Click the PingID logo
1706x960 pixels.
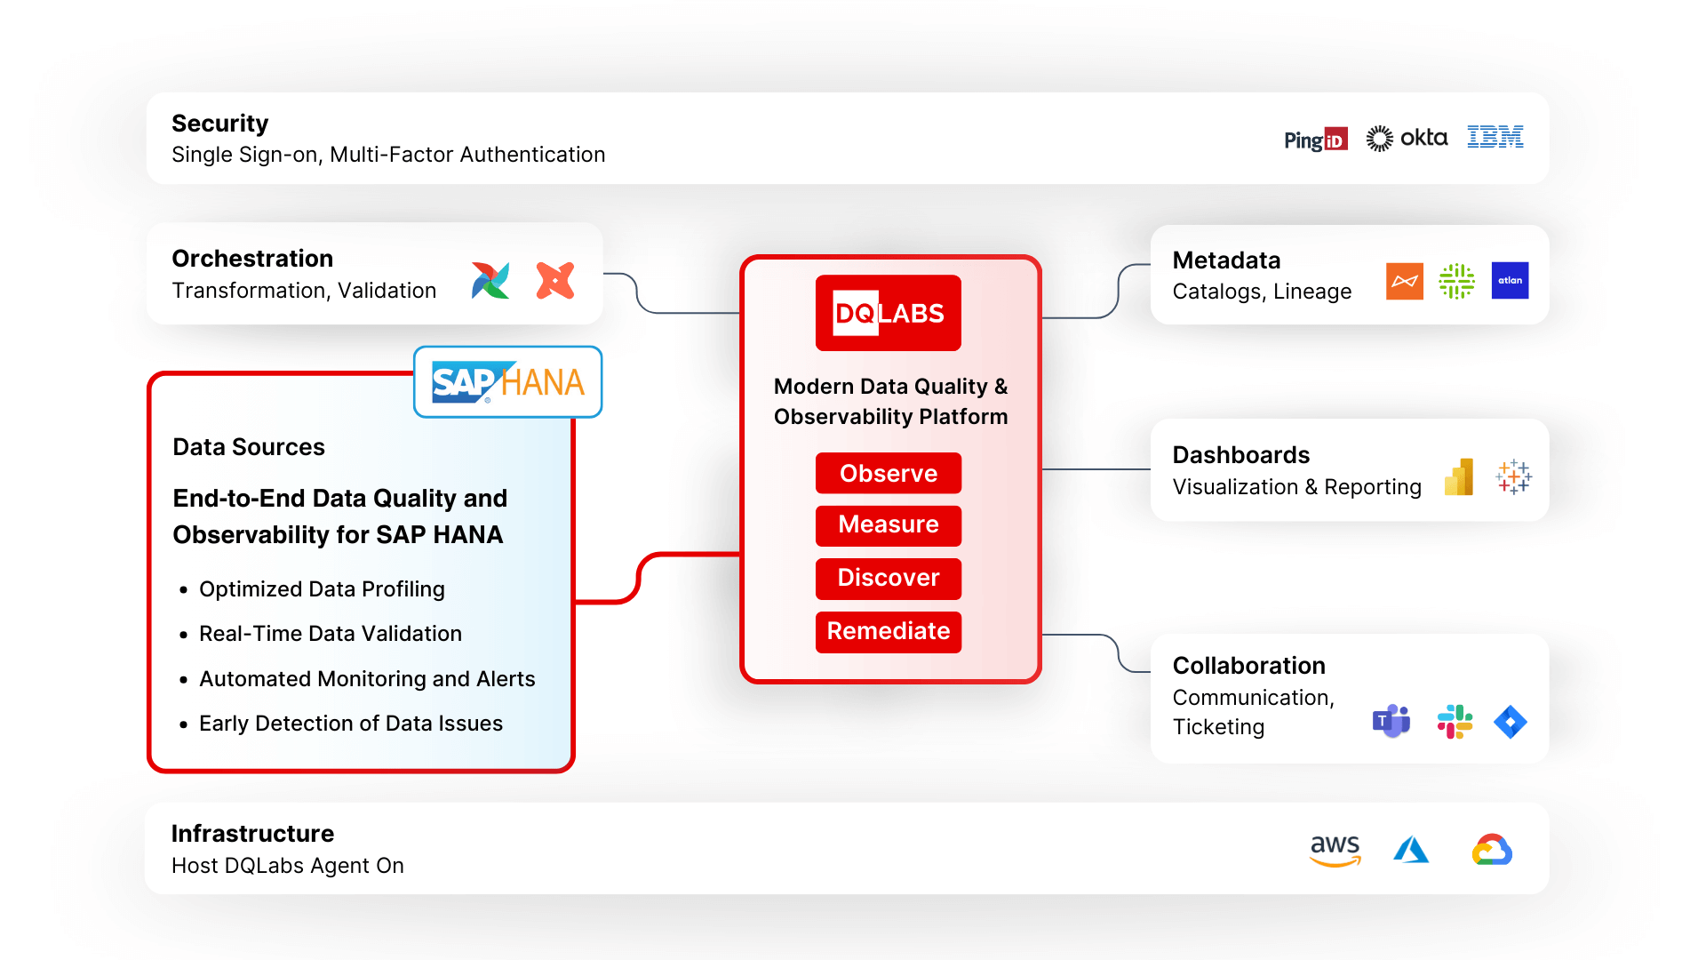coord(1315,140)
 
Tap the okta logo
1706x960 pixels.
coord(1407,138)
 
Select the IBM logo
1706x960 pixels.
coord(1495,137)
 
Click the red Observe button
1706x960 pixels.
coord(888,473)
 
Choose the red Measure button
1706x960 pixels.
coord(888,524)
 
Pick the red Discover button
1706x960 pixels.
coord(888,578)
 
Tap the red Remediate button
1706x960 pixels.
coord(888,631)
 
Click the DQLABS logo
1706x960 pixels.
coord(888,313)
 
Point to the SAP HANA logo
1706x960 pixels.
coord(507,382)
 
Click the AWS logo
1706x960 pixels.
coord(1335,849)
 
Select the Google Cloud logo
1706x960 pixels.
coord(1492,850)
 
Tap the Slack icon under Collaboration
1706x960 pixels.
coord(1455,721)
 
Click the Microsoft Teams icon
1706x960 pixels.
coord(1391,721)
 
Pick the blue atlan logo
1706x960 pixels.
coord(1510,281)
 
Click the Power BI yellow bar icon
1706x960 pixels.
coord(1459,477)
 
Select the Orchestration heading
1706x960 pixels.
coord(252,259)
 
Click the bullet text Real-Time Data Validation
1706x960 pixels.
coord(330,634)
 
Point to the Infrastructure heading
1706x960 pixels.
coord(252,834)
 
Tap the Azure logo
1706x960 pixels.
coord(1411,850)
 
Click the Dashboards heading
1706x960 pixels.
coord(1240,455)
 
